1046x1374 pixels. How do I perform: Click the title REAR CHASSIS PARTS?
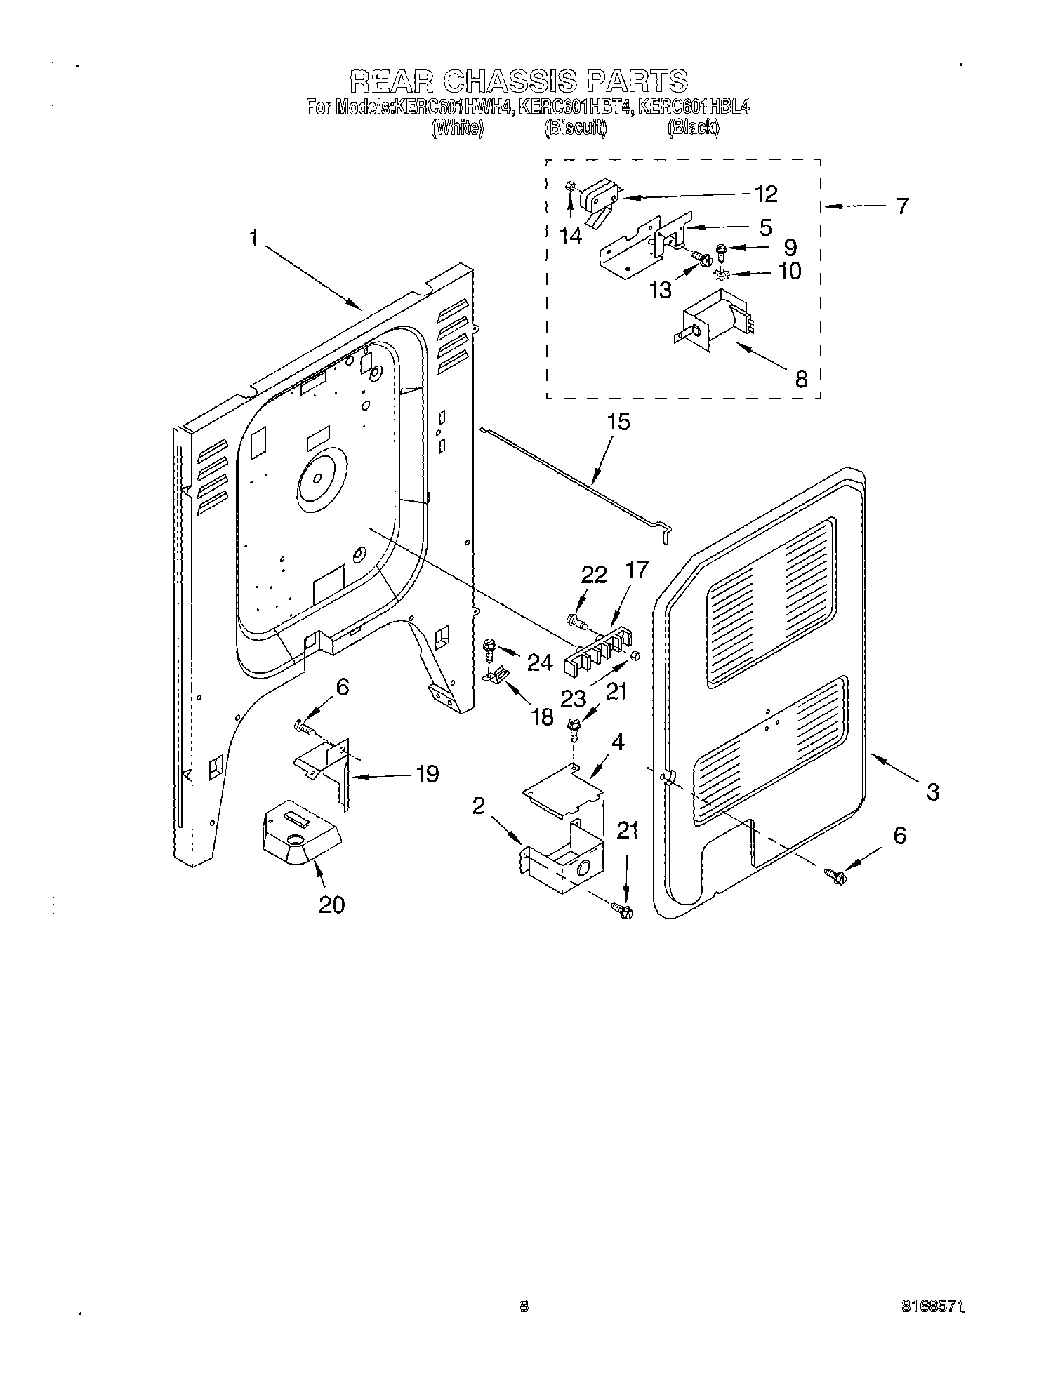tap(517, 81)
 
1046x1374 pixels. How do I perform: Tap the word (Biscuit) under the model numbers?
tap(575, 128)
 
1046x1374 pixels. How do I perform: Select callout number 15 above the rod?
tap(618, 422)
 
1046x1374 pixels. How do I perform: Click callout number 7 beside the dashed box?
tap(902, 206)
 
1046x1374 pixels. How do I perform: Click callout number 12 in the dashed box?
tap(766, 194)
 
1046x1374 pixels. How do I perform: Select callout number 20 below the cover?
tap(331, 905)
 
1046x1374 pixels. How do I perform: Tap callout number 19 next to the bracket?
tap(427, 774)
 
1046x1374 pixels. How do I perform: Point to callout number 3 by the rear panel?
tap(932, 792)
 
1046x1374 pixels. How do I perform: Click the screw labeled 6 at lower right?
tap(836, 875)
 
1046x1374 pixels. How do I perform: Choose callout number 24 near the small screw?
tap(539, 661)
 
